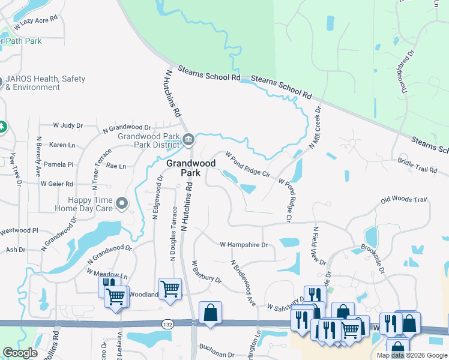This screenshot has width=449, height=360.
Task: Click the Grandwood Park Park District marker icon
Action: point(188,140)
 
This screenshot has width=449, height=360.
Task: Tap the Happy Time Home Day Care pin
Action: point(122,204)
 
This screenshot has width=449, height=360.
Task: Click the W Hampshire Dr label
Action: point(243,245)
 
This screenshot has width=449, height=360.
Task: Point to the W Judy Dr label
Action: point(68,125)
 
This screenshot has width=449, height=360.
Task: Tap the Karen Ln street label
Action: point(62,145)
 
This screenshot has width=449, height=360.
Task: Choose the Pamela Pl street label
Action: point(62,164)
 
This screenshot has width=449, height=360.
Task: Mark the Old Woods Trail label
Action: point(403,199)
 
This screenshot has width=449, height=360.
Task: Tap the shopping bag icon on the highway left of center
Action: point(210,313)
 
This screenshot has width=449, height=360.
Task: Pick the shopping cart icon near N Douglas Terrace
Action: point(170,289)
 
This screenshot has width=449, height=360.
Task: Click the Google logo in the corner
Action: point(20,353)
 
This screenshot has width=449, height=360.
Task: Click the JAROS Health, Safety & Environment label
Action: point(45,83)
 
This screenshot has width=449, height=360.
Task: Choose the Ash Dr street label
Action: point(15,250)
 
